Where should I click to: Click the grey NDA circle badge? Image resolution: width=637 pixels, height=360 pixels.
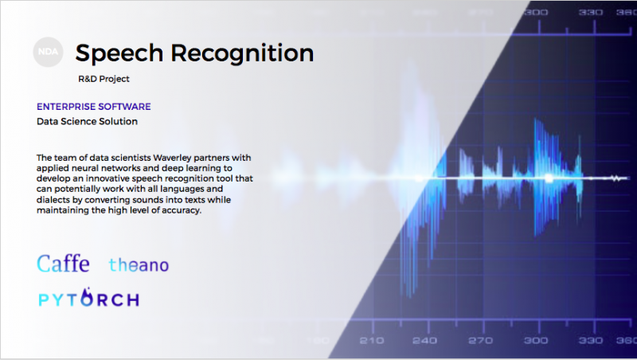pyautogui.click(x=48, y=52)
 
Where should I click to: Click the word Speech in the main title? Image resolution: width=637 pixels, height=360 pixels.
pyautogui.click(x=119, y=53)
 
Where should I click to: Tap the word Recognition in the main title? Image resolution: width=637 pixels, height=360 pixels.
pyautogui.click(x=242, y=53)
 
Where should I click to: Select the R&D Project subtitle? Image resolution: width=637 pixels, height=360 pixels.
pyautogui.click(x=104, y=79)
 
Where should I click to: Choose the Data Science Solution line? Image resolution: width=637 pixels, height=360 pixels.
pyautogui.click(x=87, y=121)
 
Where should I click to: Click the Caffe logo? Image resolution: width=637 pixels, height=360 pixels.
pyautogui.click(x=63, y=264)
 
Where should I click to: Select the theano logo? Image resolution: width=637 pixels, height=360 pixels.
pyautogui.click(x=139, y=265)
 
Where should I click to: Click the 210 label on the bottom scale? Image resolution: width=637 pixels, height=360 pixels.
pyautogui.click(x=371, y=341)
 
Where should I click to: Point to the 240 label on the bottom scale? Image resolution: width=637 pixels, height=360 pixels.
pyautogui.click(x=425, y=341)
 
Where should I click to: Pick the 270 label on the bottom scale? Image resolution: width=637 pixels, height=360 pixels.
pyautogui.click(x=480, y=341)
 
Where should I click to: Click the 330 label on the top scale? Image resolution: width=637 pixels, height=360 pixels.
pyautogui.click(x=591, y=12)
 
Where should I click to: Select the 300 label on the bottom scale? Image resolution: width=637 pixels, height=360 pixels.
pyautogui.click(x=535, y=341)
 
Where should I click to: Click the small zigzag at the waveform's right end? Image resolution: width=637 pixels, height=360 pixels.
pyautogui.click(x=616, y=178)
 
